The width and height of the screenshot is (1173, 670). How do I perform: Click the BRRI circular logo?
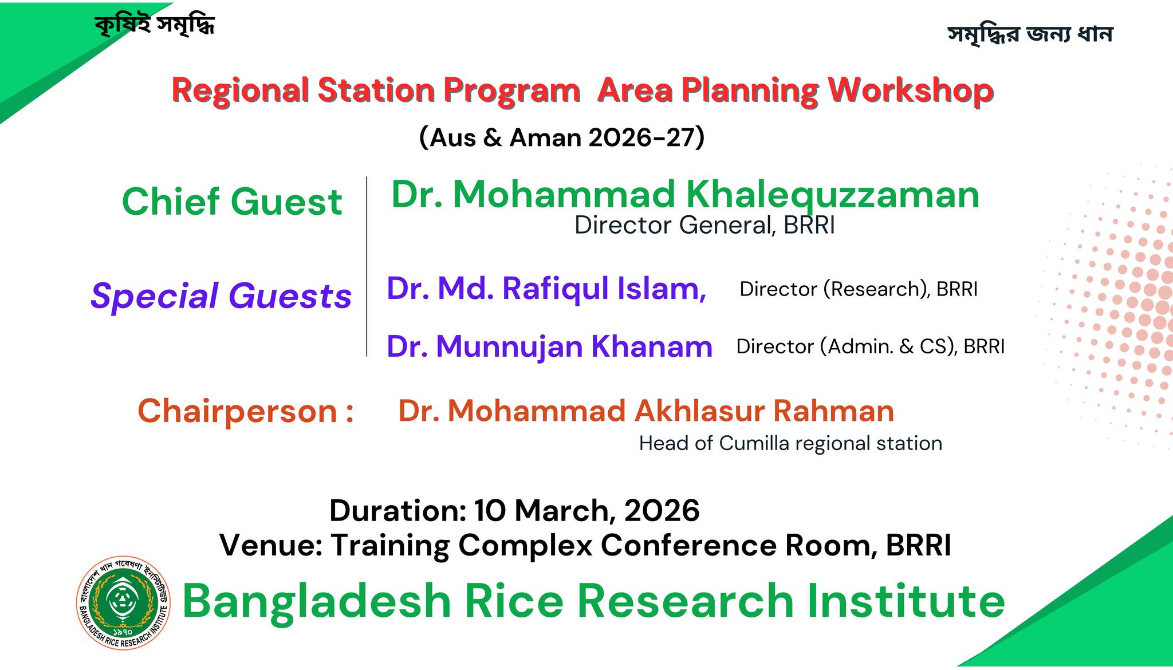point(124,602)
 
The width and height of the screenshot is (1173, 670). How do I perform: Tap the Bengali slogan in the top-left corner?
point(155,25)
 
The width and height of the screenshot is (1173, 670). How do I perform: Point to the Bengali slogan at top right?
point(1030,34)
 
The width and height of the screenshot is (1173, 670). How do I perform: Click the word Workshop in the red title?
point(911,90)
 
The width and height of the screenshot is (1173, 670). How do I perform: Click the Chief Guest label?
point(232,202)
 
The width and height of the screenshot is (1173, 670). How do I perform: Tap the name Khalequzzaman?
point(832,195)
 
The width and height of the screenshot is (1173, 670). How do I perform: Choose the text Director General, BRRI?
point(704,225)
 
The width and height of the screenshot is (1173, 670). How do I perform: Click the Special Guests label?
point(221,295)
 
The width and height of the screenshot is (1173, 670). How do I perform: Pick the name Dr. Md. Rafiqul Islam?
point(546,288)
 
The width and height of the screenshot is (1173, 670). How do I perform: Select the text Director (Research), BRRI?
point(858,289)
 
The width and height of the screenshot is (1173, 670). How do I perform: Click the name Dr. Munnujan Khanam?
point(549,346)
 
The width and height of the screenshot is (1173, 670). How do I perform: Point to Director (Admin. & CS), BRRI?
point(871,346)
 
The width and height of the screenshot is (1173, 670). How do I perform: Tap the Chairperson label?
point(246,411)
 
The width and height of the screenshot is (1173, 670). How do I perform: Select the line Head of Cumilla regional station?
point(790,443)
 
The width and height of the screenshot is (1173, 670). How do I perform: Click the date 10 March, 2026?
point(587,510)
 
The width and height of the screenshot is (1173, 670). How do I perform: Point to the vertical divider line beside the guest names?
point(367,266)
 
